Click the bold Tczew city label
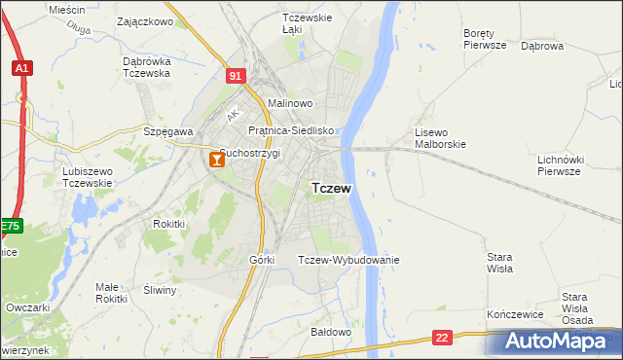click(331, 189)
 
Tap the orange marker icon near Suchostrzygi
click(216, 161)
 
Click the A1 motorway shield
click(21, 68)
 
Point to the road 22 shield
click(443, 338)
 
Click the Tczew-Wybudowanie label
click(348, 260)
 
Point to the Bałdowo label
click(330, 332)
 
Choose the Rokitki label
click(168, 224)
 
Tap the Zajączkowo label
click(144, 20)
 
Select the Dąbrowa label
click(542, 46)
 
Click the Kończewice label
click(513, 316)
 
